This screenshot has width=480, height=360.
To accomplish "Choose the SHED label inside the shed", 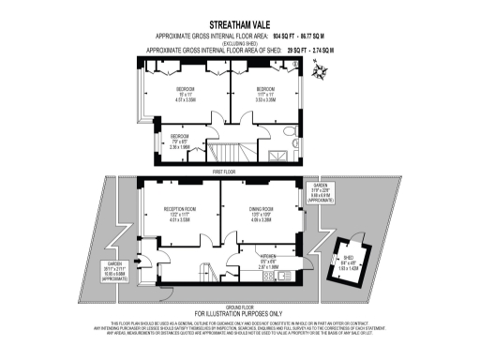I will [348, 260].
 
